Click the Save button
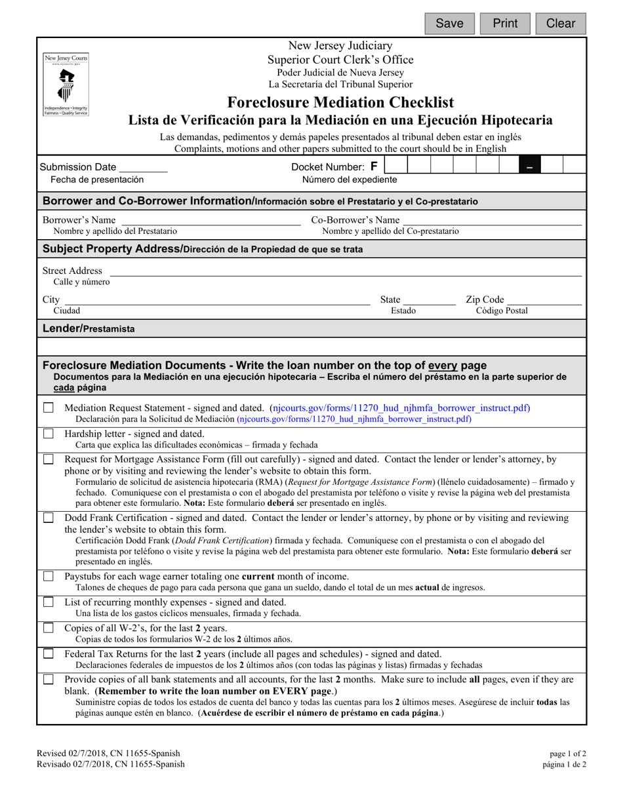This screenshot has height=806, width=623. (450, 24)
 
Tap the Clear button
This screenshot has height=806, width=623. (561, 24)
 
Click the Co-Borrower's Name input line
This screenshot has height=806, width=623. (491, 220)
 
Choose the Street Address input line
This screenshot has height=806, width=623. (344, 271)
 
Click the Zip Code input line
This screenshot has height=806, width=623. (544, 300)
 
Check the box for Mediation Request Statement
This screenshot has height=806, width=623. (49, 408)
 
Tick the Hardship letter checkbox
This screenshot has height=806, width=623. (49, 434)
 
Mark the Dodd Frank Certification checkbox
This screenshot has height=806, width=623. (49, 518)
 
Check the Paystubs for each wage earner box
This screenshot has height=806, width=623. (49, 577)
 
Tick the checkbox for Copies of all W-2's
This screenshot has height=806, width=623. (49, 628)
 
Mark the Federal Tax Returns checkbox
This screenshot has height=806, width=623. (49, 653)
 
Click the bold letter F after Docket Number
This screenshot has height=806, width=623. (374, 167)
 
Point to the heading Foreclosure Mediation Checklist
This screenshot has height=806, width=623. (340, 102)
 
